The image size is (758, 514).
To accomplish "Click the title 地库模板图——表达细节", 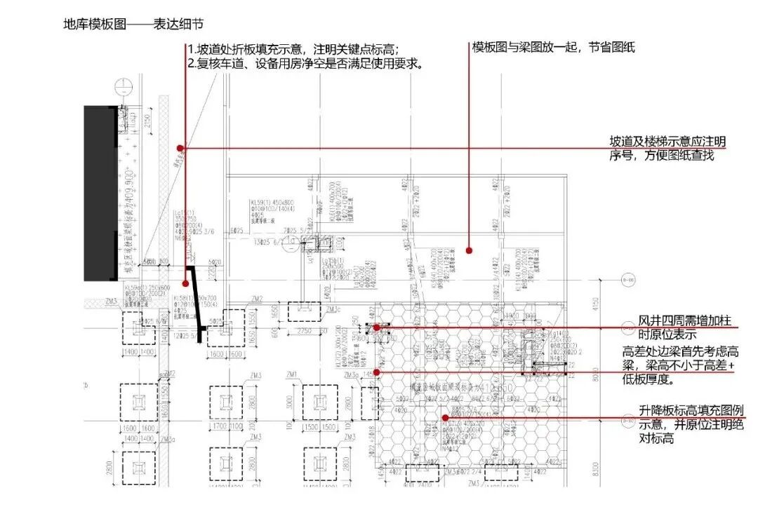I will [133, 25].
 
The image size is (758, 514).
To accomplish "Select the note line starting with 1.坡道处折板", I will [293, 49].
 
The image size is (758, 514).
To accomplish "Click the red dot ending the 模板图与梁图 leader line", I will [470, 250].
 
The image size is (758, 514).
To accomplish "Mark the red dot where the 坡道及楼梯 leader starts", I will [180, 148].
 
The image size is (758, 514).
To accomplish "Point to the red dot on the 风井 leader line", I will [377, 327].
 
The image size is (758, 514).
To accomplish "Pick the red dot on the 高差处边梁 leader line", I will [377, 372].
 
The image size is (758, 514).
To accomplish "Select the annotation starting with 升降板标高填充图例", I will [691, 418].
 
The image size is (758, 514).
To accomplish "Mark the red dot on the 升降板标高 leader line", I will [445, 418].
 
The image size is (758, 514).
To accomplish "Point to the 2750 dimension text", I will [302, 330].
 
